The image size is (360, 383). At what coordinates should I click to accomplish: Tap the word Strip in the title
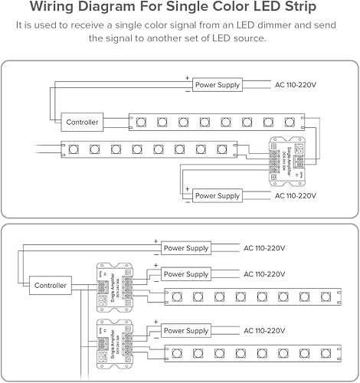point(280,7)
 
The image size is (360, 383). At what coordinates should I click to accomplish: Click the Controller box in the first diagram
point(82,121)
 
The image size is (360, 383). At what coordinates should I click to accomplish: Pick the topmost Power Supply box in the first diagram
point(218,84)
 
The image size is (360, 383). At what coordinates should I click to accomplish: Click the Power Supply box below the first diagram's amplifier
point(218,196)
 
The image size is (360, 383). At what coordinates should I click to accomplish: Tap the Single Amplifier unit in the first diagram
point(284,161)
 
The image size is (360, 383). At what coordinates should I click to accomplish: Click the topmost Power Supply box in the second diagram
point(185,248)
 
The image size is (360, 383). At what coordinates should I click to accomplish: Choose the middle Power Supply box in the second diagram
point(185,273)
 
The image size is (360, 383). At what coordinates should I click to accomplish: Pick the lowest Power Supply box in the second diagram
point(185,331)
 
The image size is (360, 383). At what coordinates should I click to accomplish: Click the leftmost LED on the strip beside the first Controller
point(142,121)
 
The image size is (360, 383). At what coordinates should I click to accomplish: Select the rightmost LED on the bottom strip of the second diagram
point(325,354)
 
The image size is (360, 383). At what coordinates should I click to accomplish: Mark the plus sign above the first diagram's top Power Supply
point(187,78)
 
